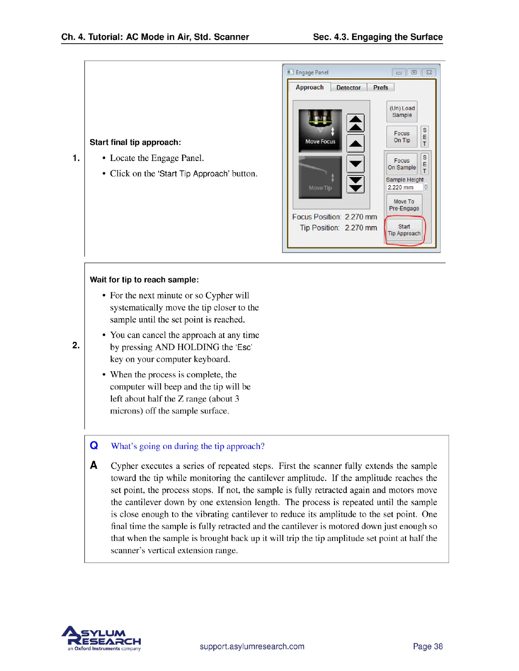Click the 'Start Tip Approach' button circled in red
coord(404,230)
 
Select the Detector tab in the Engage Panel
coord(348,88)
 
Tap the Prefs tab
coord(380,88)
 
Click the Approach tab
coord(310,87)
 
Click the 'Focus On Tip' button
coord(402,136)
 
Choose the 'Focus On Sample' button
coord(402,164)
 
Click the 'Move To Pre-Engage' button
coord(404,205)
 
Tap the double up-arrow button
coord(356,123)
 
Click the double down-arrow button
coord(356,184)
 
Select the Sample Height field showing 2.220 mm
coord(404,187)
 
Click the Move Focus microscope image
coord(320,130)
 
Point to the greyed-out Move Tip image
coord(320,177)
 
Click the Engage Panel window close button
coord(429,72)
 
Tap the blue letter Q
coord(94,445)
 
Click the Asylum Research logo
coord(102,638)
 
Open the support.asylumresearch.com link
coord(252,646)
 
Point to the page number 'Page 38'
coord(427,646)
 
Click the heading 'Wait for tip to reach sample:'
coord(144,280)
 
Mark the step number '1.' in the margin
coord(76,158)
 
